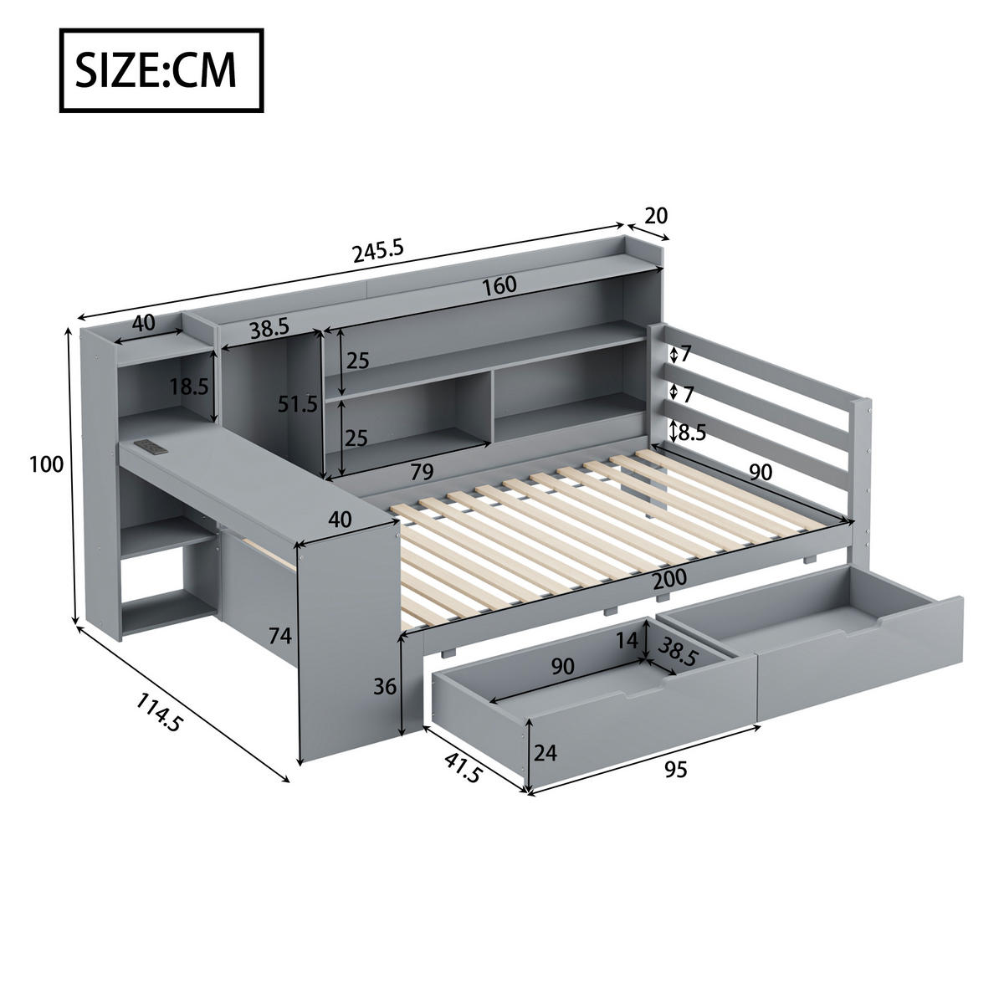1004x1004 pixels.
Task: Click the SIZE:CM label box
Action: (161, 70)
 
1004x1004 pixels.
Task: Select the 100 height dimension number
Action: (46, 464)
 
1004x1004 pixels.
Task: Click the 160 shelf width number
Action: (499, 285)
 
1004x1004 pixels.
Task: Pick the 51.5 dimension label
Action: (298, 404)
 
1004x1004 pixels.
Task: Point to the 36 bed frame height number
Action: (384, 687)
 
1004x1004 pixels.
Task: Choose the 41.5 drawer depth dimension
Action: (463, 767)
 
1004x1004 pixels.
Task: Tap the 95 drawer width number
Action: (675, 769)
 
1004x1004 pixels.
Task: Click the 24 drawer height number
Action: (546, 753)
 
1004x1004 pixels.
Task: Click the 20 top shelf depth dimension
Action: (657, 215)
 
